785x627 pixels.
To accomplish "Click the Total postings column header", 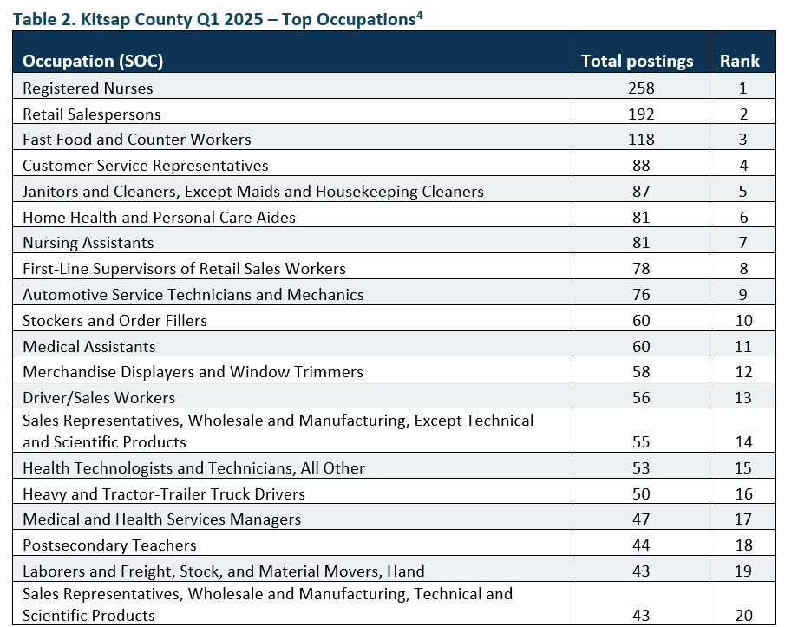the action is coord(637,61).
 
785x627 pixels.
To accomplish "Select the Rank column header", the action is coord(739,61).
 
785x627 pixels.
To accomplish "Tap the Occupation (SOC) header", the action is coord(93,61).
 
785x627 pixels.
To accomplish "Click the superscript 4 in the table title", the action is coord(419,16).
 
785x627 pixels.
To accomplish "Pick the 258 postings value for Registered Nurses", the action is coord(641,88).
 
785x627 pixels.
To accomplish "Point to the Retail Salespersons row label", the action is coord(92,114).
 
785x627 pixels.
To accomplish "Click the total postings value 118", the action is coord(641,139).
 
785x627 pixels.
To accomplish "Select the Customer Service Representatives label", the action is coord(146,166).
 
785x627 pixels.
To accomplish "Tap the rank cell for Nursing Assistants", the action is coord(743,243).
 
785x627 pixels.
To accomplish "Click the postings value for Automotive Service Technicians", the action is coord(641,294).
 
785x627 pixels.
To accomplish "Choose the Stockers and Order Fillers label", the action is coord(114,320).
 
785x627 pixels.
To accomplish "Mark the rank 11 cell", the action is coord(743,346).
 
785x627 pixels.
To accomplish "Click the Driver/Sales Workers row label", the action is coord(99,398).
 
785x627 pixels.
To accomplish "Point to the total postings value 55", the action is coord(641,442).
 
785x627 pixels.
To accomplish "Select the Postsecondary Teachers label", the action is coord(109,545).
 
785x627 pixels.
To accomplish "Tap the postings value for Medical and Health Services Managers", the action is coord(641,519).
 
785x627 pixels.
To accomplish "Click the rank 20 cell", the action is coord(744,615).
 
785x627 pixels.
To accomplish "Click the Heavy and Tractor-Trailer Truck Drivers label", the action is coord(164,494).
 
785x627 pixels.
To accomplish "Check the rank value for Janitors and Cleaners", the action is coord(743,191).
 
